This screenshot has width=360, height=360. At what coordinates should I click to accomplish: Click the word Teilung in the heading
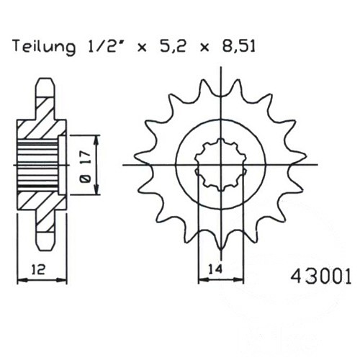(44, 47)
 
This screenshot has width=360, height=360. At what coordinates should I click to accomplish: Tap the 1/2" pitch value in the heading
(104, 45)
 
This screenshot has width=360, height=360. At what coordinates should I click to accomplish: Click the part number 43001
(320, 276)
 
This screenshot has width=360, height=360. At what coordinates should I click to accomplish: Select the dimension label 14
(215, 269)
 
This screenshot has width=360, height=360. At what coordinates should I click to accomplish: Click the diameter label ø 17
(86, 166)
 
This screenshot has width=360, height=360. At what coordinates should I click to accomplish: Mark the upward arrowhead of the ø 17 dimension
(96, 140)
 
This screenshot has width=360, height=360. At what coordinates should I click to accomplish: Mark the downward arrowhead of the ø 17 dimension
(96, 189)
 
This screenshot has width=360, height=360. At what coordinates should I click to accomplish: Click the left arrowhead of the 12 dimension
(22, 280)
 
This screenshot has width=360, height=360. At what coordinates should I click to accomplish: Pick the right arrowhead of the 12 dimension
(62, 280)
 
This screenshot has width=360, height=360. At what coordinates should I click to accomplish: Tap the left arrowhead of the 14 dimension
(203, 280)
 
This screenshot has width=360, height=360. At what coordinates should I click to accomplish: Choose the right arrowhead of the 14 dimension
(238, 280)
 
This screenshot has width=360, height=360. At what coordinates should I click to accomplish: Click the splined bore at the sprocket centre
(221, 165)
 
